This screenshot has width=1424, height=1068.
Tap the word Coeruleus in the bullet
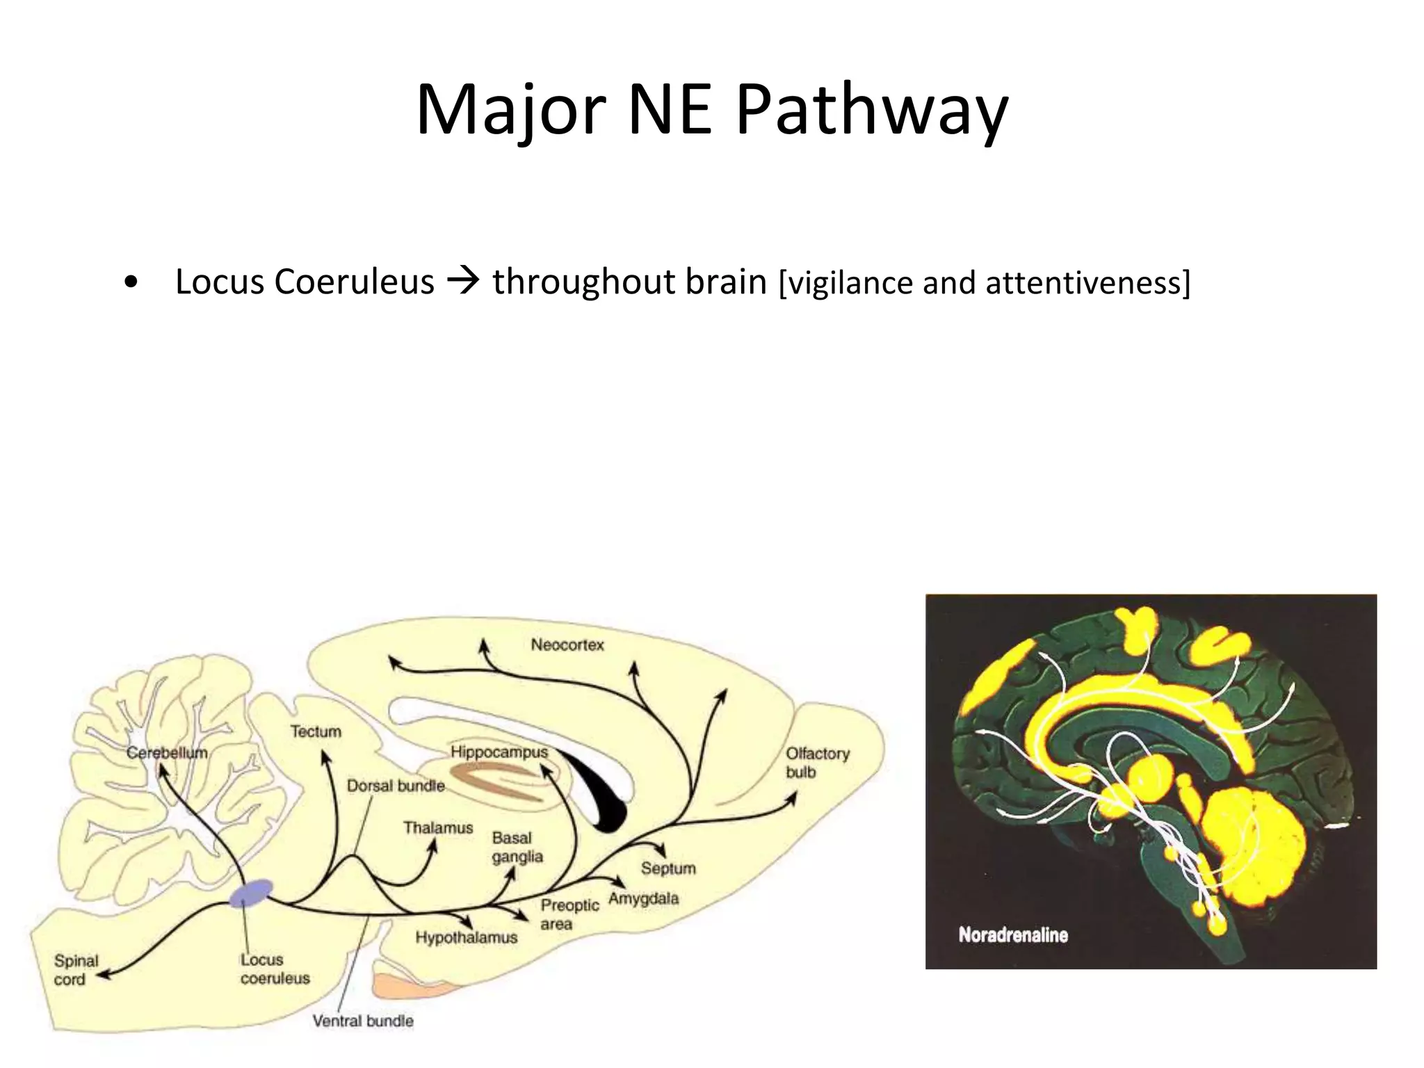(x=354, y=282)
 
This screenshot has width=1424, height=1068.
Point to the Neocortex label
(x=567, y=645)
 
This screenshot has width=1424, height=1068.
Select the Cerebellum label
(x=167, y=752)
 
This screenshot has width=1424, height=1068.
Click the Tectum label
(x=316, y=731)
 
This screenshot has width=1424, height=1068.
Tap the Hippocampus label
(x=499, y=752)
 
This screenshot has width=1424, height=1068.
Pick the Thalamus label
(x=438, y=828)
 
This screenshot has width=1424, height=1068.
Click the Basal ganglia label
(x=517, y=848)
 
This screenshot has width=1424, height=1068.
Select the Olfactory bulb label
(x=817, y=763)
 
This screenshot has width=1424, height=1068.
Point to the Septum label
(x=668, y=868)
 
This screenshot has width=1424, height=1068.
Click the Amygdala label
(x=643, y=898)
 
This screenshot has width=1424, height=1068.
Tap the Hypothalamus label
(x=467, y=937)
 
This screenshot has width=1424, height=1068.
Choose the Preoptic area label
(x=569, y=914)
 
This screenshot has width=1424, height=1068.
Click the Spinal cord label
(x=75, y=970)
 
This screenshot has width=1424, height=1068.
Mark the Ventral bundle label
(x=363, y=1021)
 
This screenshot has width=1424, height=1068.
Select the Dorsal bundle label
(x=396, y=786)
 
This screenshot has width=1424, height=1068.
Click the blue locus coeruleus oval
(x=251, y=893)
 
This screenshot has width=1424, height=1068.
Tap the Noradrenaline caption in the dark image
(x=1013, y=935)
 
